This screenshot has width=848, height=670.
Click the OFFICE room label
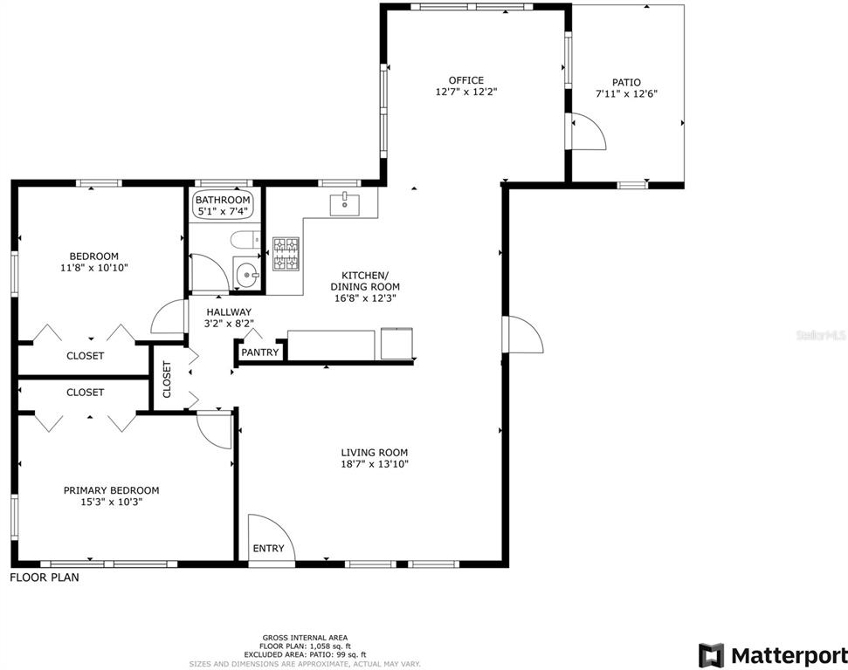click(466, 80)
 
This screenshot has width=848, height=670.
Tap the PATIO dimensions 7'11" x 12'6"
click(626, 93)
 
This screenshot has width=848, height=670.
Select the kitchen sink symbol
click(344, 203)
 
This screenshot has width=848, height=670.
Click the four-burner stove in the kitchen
click(286, 254)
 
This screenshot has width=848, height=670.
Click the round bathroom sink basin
click(247, 275)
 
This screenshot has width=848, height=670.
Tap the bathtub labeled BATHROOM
click(223, 205)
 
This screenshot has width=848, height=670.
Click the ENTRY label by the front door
click(268, 549)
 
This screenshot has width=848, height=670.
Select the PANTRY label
click(259, 352)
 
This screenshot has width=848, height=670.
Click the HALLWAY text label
click(229, 311)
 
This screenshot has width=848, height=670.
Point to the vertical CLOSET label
click(167, 379)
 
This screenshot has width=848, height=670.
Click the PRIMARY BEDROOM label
click(112, 490)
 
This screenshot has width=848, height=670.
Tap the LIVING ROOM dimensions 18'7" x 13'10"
click(375, 464)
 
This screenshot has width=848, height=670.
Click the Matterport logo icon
click(711, 655)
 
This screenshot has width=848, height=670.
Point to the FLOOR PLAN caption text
click(45, 577)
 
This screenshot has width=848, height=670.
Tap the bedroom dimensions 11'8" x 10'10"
click(94, 268)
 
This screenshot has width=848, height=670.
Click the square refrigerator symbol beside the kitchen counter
click(398, 343)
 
